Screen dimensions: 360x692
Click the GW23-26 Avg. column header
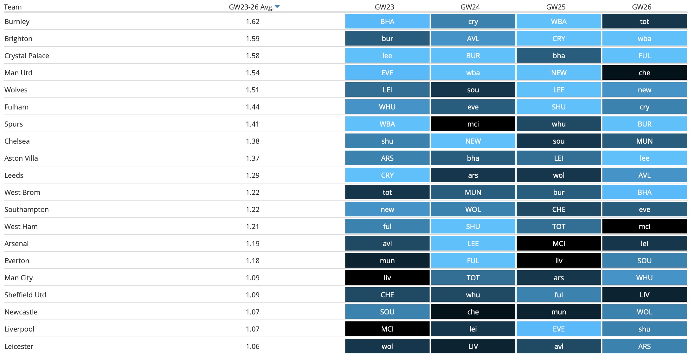pos(251,7)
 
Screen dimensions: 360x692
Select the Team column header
pos(13,7)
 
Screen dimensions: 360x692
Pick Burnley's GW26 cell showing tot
pos(644,22)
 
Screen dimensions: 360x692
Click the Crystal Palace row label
pos(27,56)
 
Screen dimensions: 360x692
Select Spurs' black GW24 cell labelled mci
pos(473,124)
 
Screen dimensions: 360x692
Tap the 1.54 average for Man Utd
pos(252,73)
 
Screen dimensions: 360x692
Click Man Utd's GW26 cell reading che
pos(644,73)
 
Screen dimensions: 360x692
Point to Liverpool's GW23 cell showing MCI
pos(387,329)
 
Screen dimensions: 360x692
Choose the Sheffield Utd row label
pos(25,295)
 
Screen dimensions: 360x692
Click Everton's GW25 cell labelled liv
pos(558,261)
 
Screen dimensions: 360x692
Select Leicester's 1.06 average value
pos(252,346)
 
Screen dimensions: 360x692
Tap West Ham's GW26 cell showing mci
pos(644,227)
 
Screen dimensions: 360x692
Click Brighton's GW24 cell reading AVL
pos(473,39)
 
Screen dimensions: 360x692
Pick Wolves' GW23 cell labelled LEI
pos(387,90)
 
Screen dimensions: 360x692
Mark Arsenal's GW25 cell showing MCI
pos(558,244)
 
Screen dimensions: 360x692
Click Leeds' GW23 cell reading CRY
pos(387,175)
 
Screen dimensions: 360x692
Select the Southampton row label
pos(27,209)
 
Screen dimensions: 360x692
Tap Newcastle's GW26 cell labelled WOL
pos(644,312)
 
